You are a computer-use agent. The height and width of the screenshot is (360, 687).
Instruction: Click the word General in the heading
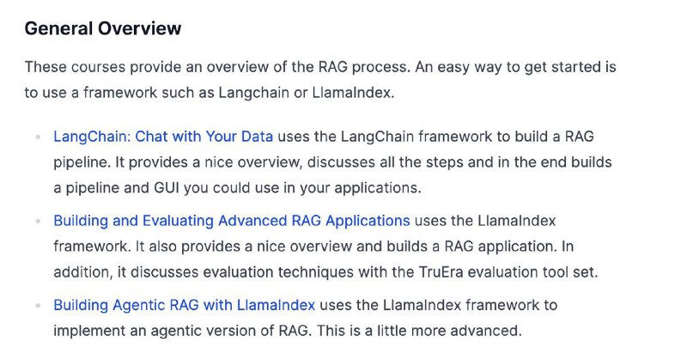click(58, 28)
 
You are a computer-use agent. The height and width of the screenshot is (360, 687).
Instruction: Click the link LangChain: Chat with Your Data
click(163, 137)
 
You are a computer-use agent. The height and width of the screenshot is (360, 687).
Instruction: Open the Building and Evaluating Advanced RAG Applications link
click(232, 221)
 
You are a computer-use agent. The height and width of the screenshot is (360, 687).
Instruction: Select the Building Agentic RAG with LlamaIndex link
click(184, 305)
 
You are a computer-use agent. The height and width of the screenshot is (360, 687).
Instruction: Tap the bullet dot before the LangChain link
click(38, 137)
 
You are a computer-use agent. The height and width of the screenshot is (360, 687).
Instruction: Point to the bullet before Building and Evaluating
click(38, 221)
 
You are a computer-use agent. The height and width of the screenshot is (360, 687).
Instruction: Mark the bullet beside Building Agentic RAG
click(38, 305)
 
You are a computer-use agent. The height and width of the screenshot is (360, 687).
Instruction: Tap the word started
click(575, 67)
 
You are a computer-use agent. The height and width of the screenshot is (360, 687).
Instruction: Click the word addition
click(82, 272)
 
